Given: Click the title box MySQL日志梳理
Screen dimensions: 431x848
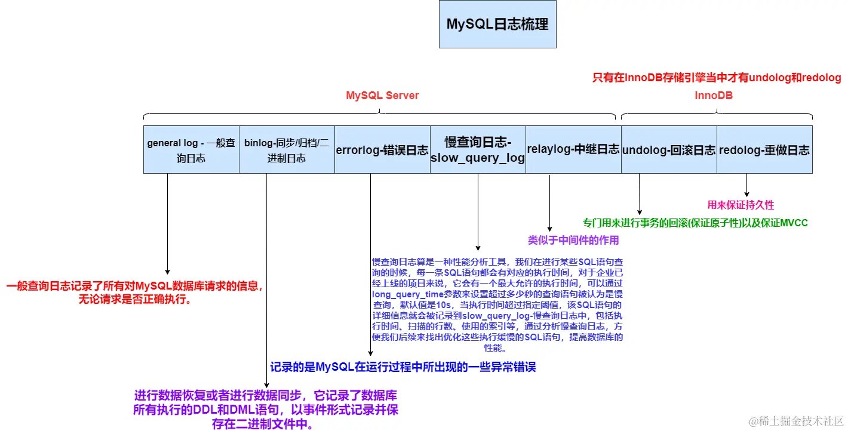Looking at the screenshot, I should click(497, 24).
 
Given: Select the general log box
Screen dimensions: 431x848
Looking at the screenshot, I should click(191, 150).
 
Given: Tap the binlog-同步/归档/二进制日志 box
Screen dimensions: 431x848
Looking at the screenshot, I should click(287, 150).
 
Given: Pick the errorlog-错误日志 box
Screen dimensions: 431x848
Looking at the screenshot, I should click(382, 150).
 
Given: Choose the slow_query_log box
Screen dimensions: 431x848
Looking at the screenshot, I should click(478, 150).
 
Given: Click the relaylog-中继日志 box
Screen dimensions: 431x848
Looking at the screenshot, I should click(573, 150).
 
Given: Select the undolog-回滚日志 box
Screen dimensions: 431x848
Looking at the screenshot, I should click(669, 150).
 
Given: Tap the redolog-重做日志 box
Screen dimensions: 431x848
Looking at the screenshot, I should click(764, 150).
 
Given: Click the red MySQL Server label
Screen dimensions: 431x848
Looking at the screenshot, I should click(382, 96).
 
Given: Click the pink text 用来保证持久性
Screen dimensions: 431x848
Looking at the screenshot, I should click(741, 205).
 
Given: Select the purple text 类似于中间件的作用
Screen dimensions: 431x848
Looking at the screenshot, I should click(573, 241).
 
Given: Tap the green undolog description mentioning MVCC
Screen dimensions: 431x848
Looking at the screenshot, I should click(695, 223).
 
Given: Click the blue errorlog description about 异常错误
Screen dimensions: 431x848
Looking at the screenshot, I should click(403, 367).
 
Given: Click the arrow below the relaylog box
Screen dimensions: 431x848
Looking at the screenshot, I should click(549, 203).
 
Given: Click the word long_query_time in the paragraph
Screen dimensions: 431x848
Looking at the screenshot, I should click(402, 294).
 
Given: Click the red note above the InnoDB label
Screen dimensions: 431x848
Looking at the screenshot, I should click(717, 78).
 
